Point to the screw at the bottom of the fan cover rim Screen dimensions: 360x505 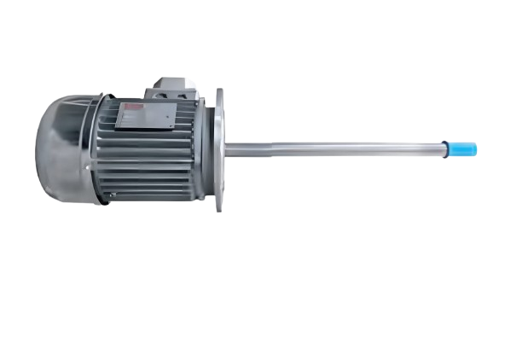point(110,198)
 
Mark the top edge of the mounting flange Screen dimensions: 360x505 point(220,91)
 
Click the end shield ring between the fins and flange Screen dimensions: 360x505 point(205,149)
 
